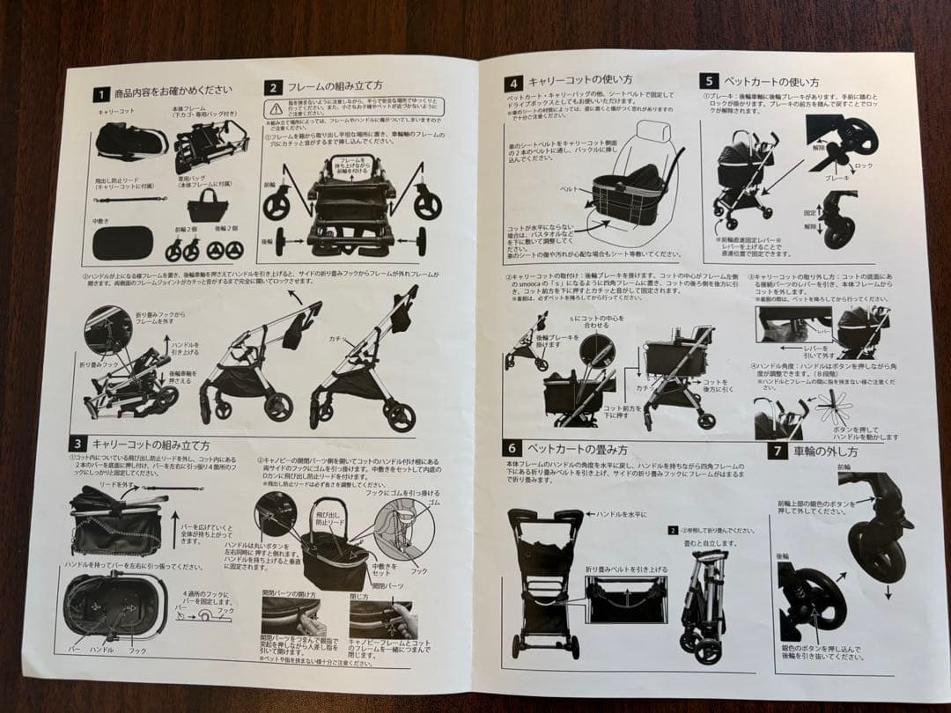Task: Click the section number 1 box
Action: [102, 93]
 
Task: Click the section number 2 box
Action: [274, 87]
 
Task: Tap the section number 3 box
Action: [79, 444]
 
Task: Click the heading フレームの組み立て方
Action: [335, 86]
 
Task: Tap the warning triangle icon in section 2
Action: [275, 107]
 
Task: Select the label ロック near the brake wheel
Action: [866, 165]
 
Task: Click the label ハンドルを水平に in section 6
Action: [621, 513]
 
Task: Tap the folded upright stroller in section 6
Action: [704, 599]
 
